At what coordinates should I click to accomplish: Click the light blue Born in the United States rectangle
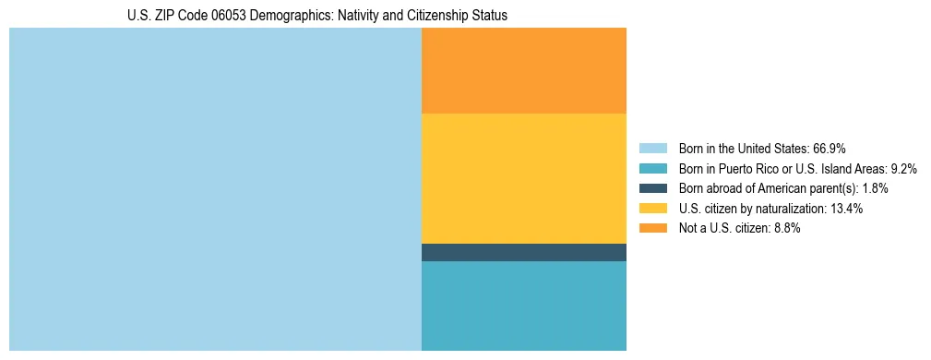click(215, 189)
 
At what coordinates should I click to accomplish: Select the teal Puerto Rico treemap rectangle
click(524, 306)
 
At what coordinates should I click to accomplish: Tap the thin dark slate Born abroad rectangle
click(524, 252)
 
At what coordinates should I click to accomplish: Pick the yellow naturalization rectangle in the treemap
click(524, 178)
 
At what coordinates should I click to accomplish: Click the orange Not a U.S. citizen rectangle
click(524, 70)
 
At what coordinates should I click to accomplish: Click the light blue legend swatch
click(652, 149)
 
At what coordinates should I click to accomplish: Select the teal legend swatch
click(652, 169)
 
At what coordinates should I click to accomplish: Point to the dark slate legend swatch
click(652, 188)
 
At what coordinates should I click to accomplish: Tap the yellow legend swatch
click(652, 209)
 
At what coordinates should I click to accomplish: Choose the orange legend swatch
click(652, 229)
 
